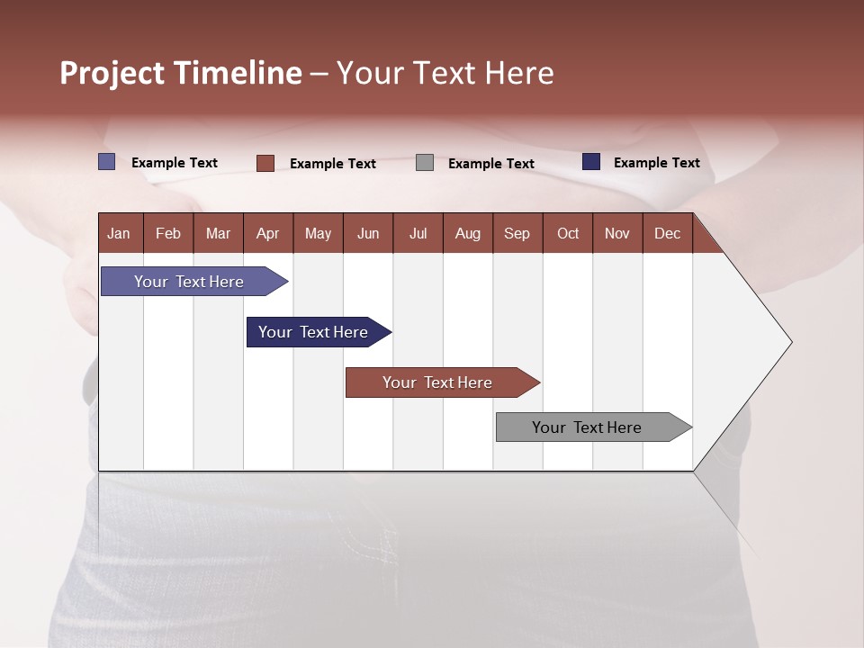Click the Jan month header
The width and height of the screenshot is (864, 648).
tap(119, 234)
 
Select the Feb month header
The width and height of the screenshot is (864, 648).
tap(168, 234)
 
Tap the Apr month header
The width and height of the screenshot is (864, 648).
tap(267, 234)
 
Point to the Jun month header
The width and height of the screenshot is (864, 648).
tap(368, 234)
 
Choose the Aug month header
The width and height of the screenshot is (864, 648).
tap(467, 234)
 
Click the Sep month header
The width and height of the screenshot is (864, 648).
tap(517, 234)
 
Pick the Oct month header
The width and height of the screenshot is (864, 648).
tap(568, 234)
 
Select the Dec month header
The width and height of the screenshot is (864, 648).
tap(667, 234)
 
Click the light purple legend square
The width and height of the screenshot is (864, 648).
tap(106, 162)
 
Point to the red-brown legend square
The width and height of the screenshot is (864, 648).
tap(265, 163)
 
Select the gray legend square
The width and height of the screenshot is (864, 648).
tap(425, 163)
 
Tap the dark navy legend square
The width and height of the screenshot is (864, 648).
tap(590, 162)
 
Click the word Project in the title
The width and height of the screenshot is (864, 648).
tap(112, 73)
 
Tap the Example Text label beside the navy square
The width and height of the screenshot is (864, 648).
tap(656, 163)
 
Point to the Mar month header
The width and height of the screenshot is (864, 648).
tap(218, 234)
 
